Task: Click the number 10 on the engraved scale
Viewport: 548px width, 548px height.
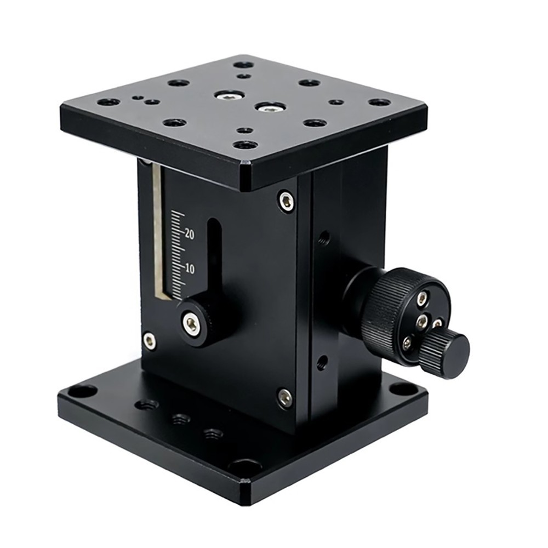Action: pos(190,269)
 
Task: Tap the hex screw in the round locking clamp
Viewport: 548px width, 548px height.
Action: pos(192,324)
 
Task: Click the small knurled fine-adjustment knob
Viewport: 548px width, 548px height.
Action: pos(448,354)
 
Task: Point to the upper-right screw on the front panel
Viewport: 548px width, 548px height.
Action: pos(286,201)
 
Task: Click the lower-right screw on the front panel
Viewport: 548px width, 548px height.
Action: pos(284,397)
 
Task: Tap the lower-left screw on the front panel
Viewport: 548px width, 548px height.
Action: pos(149,340)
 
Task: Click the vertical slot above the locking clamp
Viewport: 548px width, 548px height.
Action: pos(214,258)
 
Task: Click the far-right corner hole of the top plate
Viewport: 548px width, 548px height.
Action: pos(379,102)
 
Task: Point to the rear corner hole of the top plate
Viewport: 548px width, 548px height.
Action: pos(243,65)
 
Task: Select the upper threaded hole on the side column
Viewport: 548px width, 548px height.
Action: pos(324,238)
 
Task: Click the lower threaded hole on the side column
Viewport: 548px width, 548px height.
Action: pos(323,361)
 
